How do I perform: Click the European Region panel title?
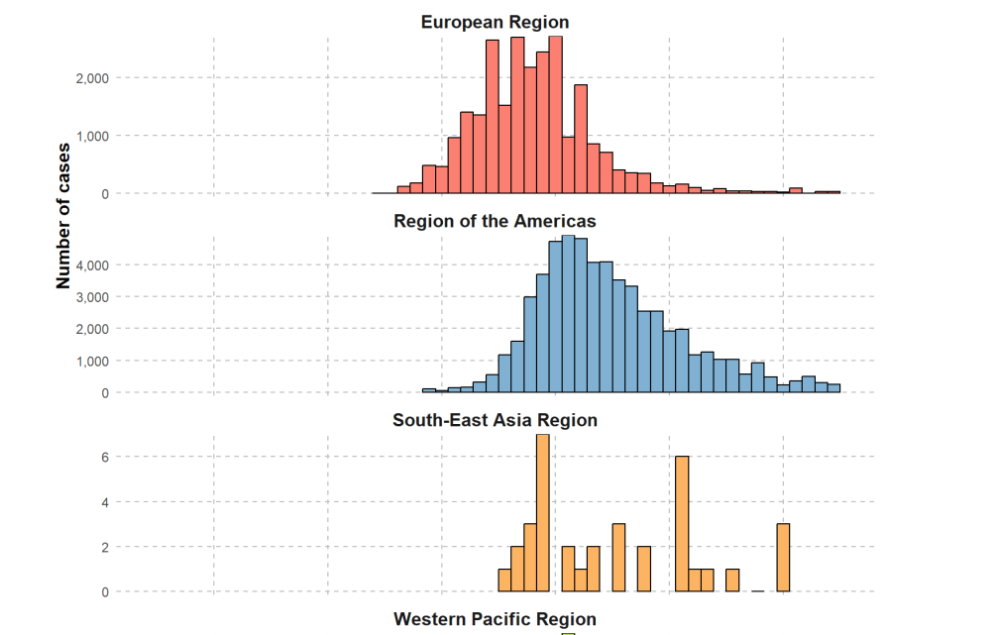pos(495,22)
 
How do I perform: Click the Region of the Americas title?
pos(495,220)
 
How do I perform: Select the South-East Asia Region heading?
pos(495,420)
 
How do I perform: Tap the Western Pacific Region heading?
pos(495,620)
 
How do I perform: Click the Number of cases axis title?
pos(63,216)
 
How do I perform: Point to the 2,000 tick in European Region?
pos(91,77)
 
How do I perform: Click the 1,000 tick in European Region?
pos(91,136)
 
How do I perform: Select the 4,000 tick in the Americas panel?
pos(91,265)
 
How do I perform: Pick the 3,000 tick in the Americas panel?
pos(91,297)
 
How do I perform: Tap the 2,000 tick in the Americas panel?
pos(91,329)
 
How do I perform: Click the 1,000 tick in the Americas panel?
pos(91,362)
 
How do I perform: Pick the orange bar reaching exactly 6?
pos(682,524)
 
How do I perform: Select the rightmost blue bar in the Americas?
pos(833,388)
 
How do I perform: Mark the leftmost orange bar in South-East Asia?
pos(504,581)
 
